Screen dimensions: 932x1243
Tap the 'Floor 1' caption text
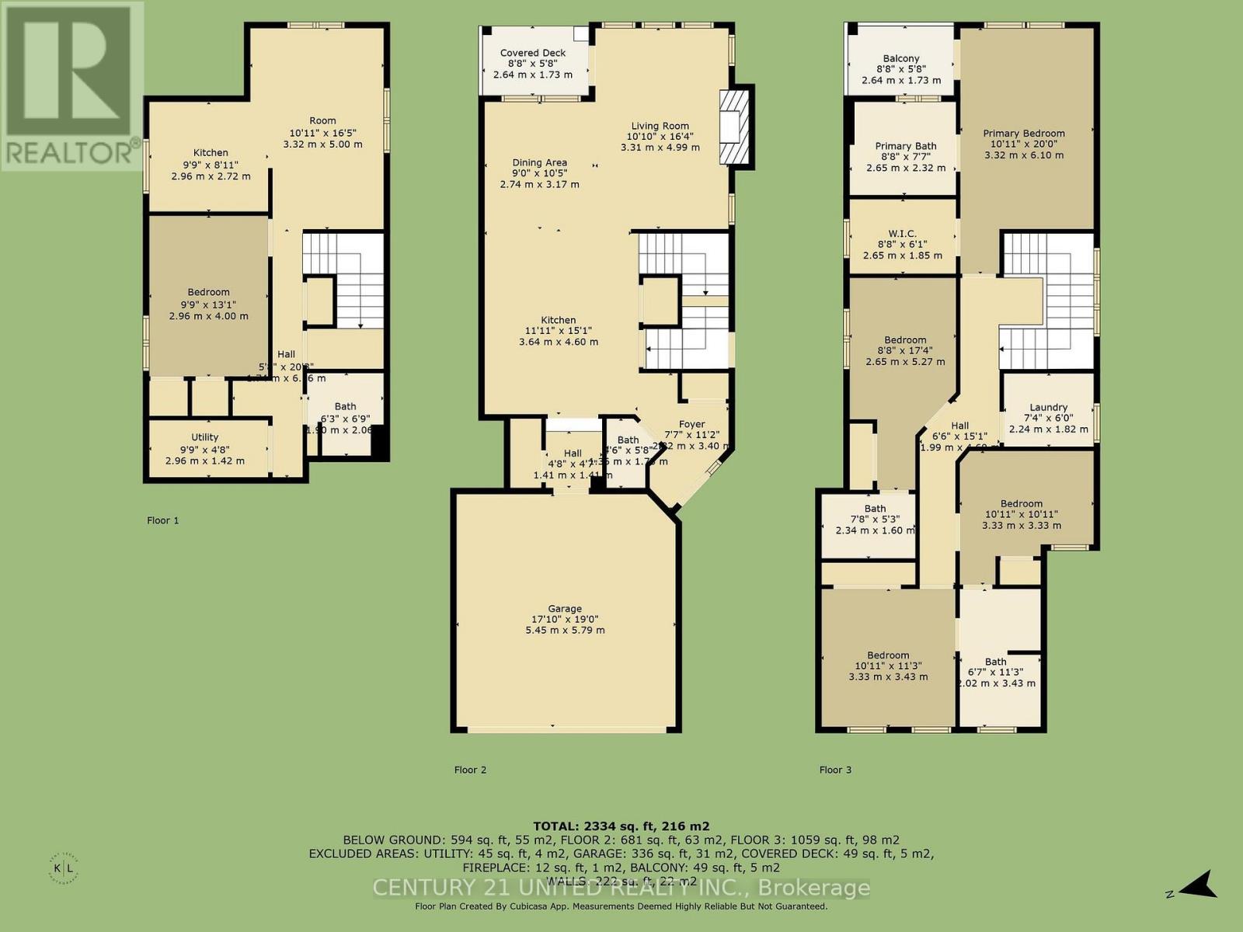[163, 520]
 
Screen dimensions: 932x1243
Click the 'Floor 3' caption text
[835, 770]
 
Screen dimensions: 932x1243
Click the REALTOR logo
[71, 85]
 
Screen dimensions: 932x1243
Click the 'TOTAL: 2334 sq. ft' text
[621, 826]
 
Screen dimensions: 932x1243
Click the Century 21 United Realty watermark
[621, 887]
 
